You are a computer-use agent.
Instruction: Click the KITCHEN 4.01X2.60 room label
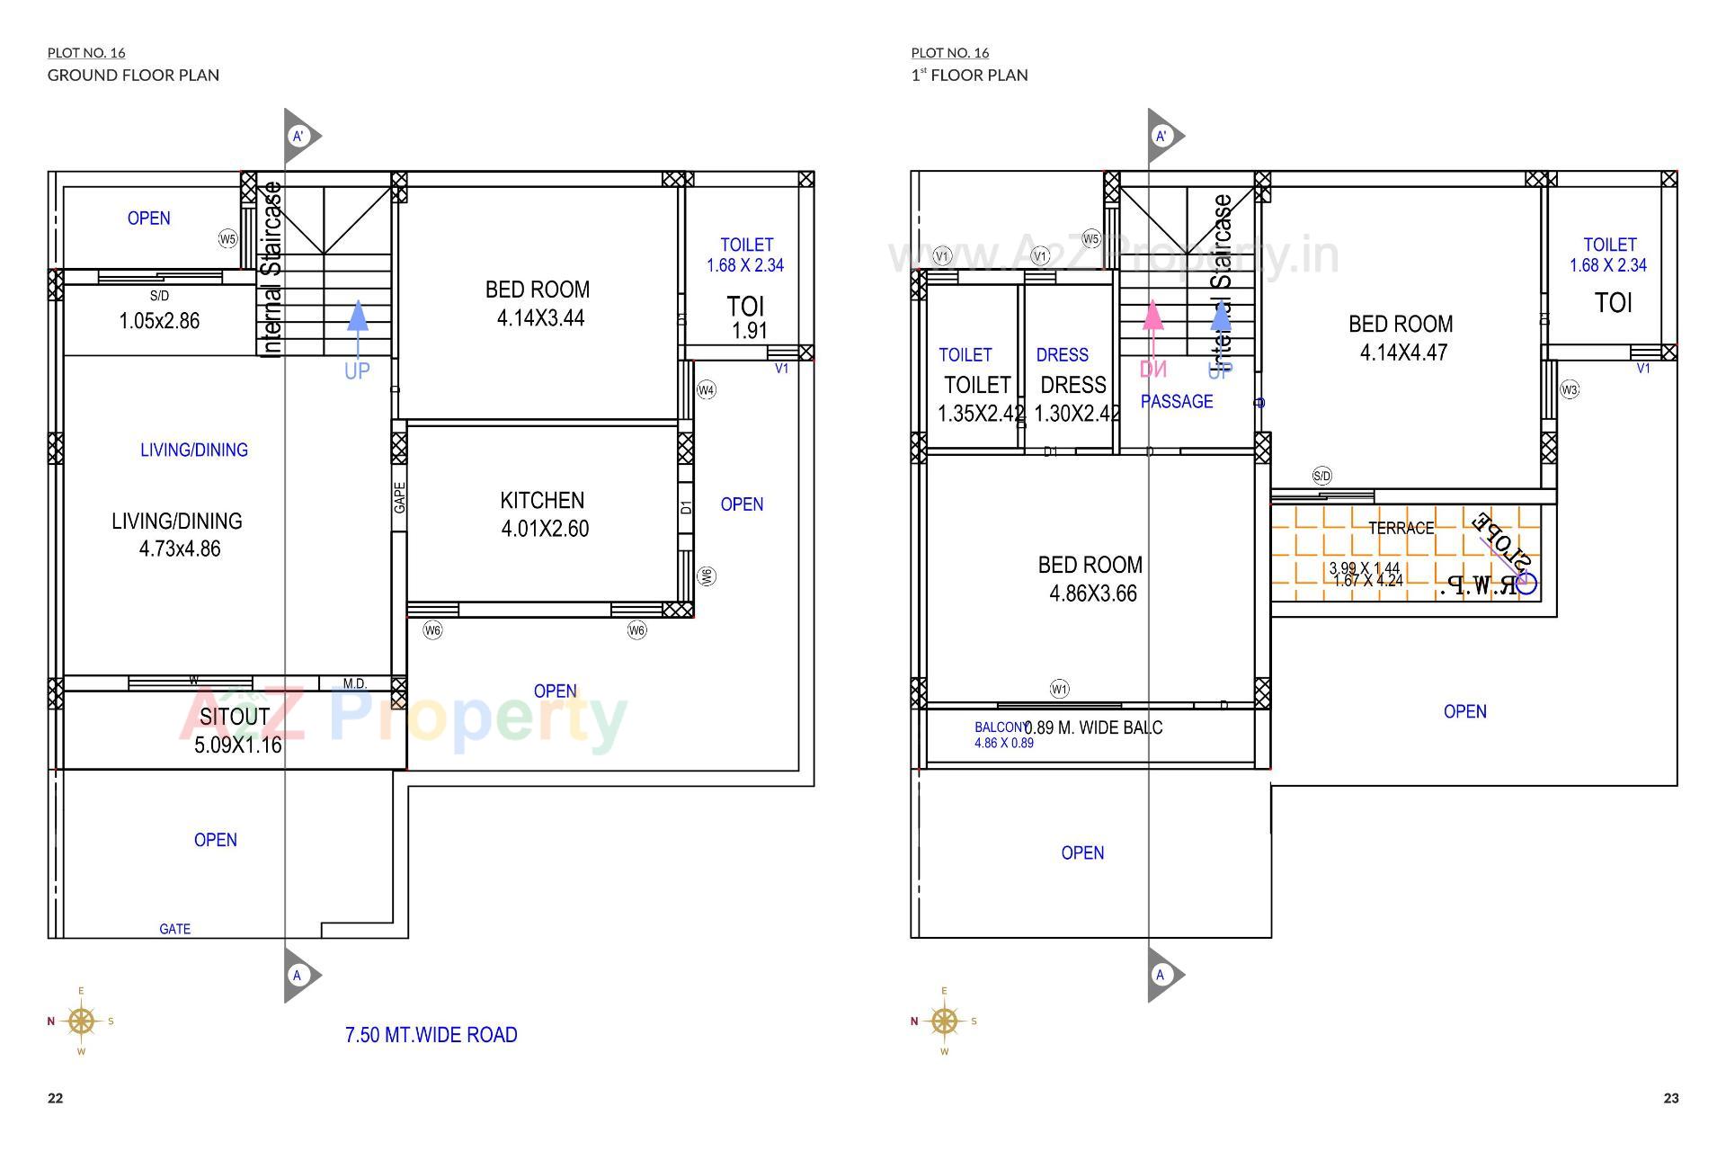[x=543, y=514]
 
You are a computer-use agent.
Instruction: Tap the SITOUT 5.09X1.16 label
[x=237, y=730]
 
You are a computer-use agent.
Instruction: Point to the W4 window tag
[x=707, y=390]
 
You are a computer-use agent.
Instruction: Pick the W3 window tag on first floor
[x=1570, y=390]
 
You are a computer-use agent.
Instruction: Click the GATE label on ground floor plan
[x=174, y=929]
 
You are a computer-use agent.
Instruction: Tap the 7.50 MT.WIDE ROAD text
[x=431, y=1035]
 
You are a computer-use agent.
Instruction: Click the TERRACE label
[x=1401, y=528]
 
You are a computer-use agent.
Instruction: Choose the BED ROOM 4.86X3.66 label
[x=1091, y=579]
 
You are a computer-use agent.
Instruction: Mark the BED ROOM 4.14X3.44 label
[x=538, y=303]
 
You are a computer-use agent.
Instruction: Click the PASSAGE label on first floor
[x=1177, y=402]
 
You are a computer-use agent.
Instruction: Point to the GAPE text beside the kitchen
[x=399, y=497]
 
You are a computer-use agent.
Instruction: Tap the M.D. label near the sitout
[x=354, y=683]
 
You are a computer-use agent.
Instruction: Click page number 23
[x=1670, y=1098]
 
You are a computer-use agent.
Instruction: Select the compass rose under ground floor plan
[x=81, y=1021]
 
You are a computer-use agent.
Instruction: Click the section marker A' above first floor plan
[x=1161, y=137]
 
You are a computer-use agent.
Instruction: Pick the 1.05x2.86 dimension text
[x=159, y=321]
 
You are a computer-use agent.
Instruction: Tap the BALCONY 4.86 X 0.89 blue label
[x=1002, y=735]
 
